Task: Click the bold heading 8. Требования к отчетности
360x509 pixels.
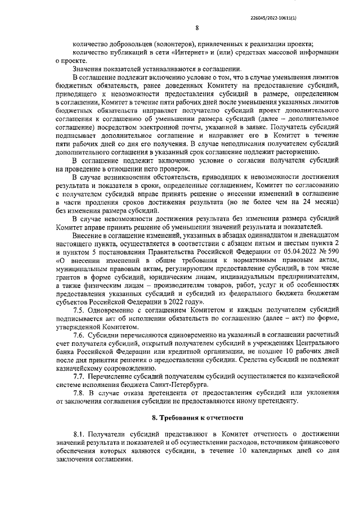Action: (x=197, y=418)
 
